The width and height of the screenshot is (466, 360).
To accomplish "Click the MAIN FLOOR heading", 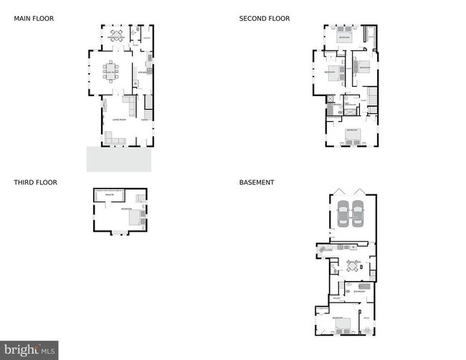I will tap(34, 19).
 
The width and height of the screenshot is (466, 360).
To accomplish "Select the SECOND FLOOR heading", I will tap(265, 19).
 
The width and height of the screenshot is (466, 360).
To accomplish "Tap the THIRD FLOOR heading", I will tap(35, 182).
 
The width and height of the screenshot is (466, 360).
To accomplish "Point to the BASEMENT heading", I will tap(257, 182).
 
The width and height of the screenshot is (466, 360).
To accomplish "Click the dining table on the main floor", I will tap(112, 71).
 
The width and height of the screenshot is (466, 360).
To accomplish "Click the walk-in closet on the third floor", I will tap(110, 195).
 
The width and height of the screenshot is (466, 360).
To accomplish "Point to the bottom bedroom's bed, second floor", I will tap(352, 137).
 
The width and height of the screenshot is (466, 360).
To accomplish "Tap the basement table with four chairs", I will tap(353, 266).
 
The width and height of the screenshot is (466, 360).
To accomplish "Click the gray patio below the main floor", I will tap(119, 159).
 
